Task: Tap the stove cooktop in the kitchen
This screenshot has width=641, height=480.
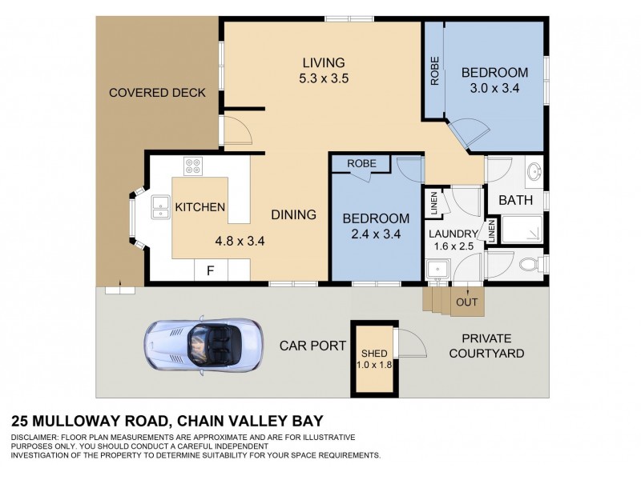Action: (x=194, y=166)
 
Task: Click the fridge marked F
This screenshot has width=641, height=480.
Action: (x=211, y=270)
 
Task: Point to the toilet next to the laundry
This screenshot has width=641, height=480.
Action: (x=529, y=265)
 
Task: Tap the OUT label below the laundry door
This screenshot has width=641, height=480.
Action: (x=466, y=302)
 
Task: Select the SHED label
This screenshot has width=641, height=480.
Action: (x=374, y=354)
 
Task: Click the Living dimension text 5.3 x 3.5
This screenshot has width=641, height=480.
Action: (x=323, y=78)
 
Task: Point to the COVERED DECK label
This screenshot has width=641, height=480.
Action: (x=157, y=93)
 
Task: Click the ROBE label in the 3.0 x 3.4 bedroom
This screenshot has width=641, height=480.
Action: (x=435, y=71)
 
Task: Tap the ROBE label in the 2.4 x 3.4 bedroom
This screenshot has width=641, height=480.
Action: (x=361, y=163)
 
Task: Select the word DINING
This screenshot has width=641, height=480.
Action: (x=293, y=214)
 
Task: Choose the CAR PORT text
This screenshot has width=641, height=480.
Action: (x=312, y=346)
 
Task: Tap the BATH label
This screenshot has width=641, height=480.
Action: (x=515, y=200)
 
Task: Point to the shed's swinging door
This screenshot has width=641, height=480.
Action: (x=408, y=346)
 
